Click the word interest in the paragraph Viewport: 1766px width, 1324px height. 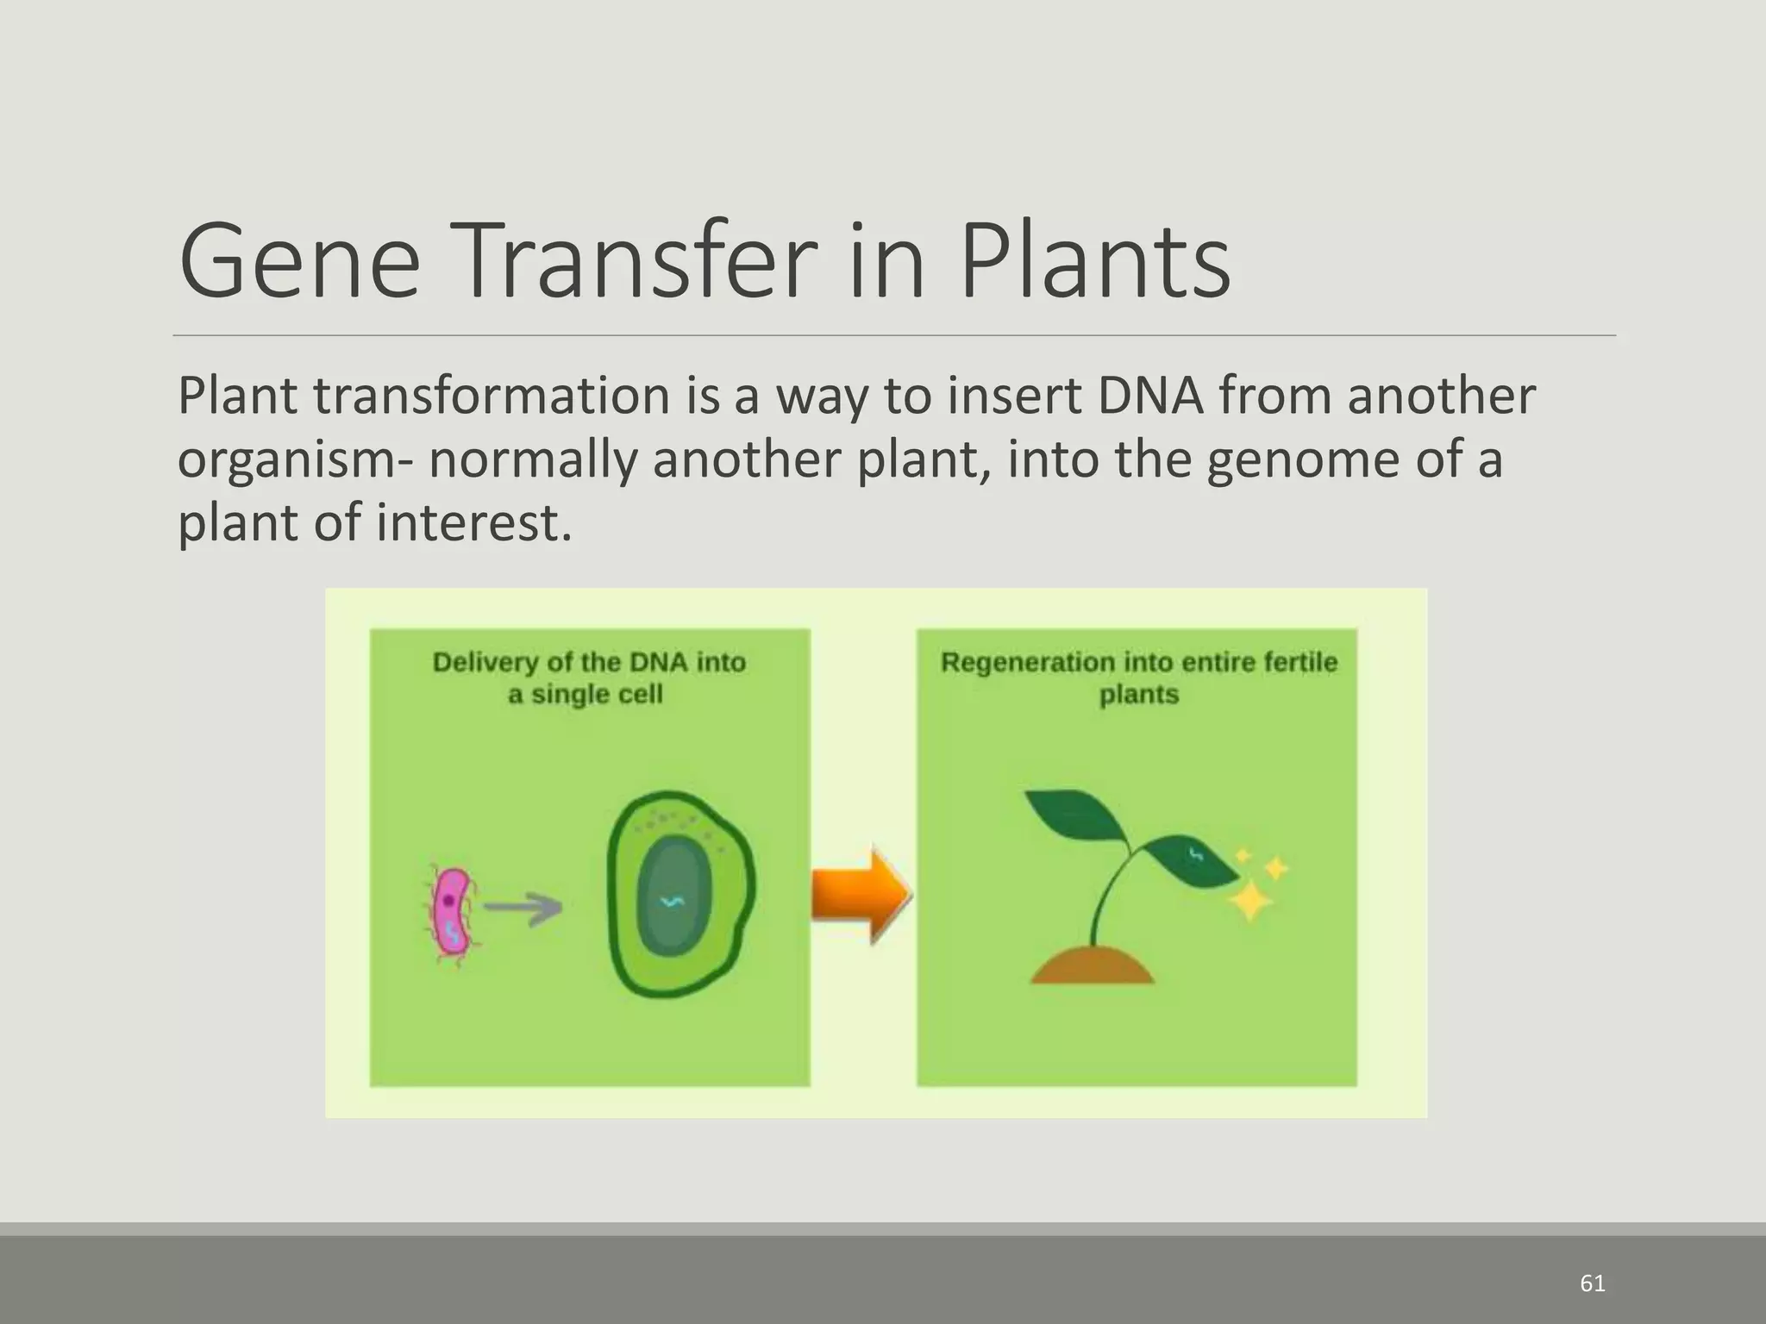[x=473, y=522]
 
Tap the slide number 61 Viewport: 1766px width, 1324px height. [x=1592, y=1283]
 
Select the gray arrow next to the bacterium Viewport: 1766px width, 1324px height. [x=523, y=908]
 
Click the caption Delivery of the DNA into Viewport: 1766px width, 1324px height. [x=589, y=662]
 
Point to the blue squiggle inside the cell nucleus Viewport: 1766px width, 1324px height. [x=671, y=902]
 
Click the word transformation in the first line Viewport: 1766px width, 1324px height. [x=491, y=397]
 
